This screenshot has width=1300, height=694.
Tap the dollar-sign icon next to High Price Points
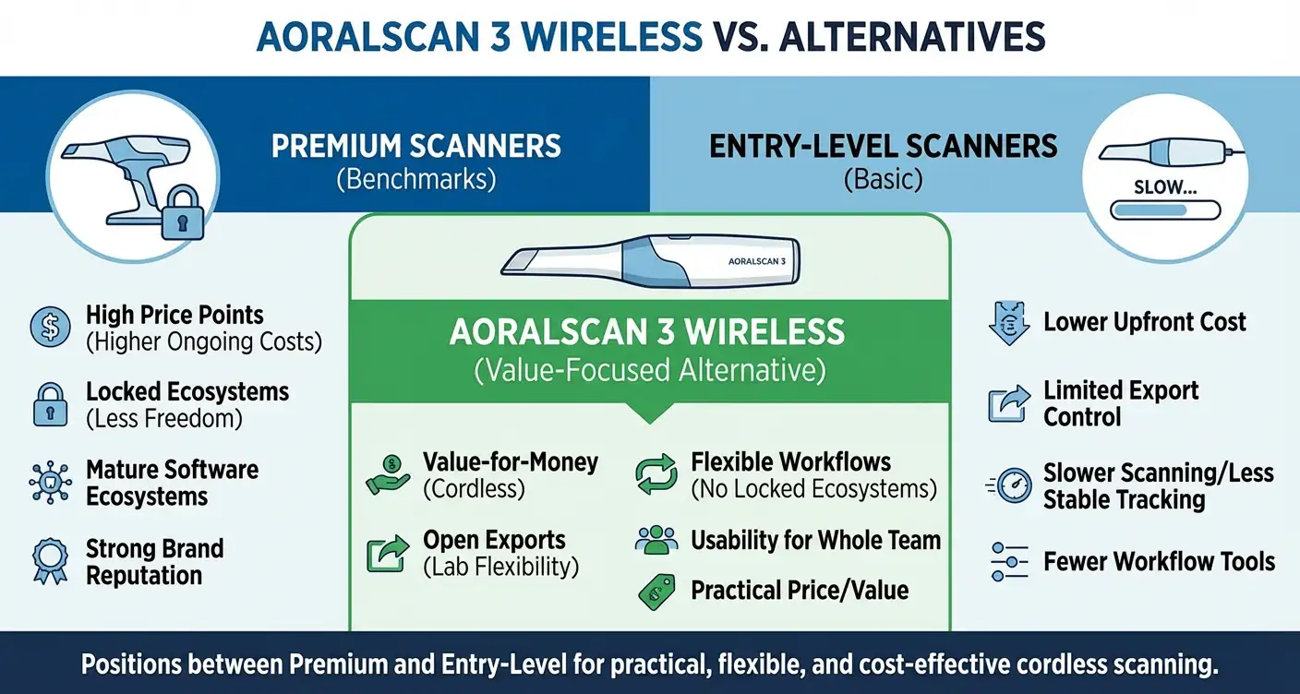click(x=50, y=328)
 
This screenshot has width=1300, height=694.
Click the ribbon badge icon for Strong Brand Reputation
click(x=50, y=560)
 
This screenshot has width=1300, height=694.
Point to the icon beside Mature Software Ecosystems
click(x=50, y=482)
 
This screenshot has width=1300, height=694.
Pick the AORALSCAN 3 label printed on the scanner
click(x=755, y=261)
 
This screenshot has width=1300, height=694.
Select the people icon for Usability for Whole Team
click(x=656, y=541)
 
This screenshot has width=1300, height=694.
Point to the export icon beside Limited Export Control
click(x=1008, y=403)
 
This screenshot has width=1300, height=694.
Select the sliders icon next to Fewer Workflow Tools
click(x=1008, y=561)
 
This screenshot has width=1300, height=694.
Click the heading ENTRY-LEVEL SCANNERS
click(x=884, y=146)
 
